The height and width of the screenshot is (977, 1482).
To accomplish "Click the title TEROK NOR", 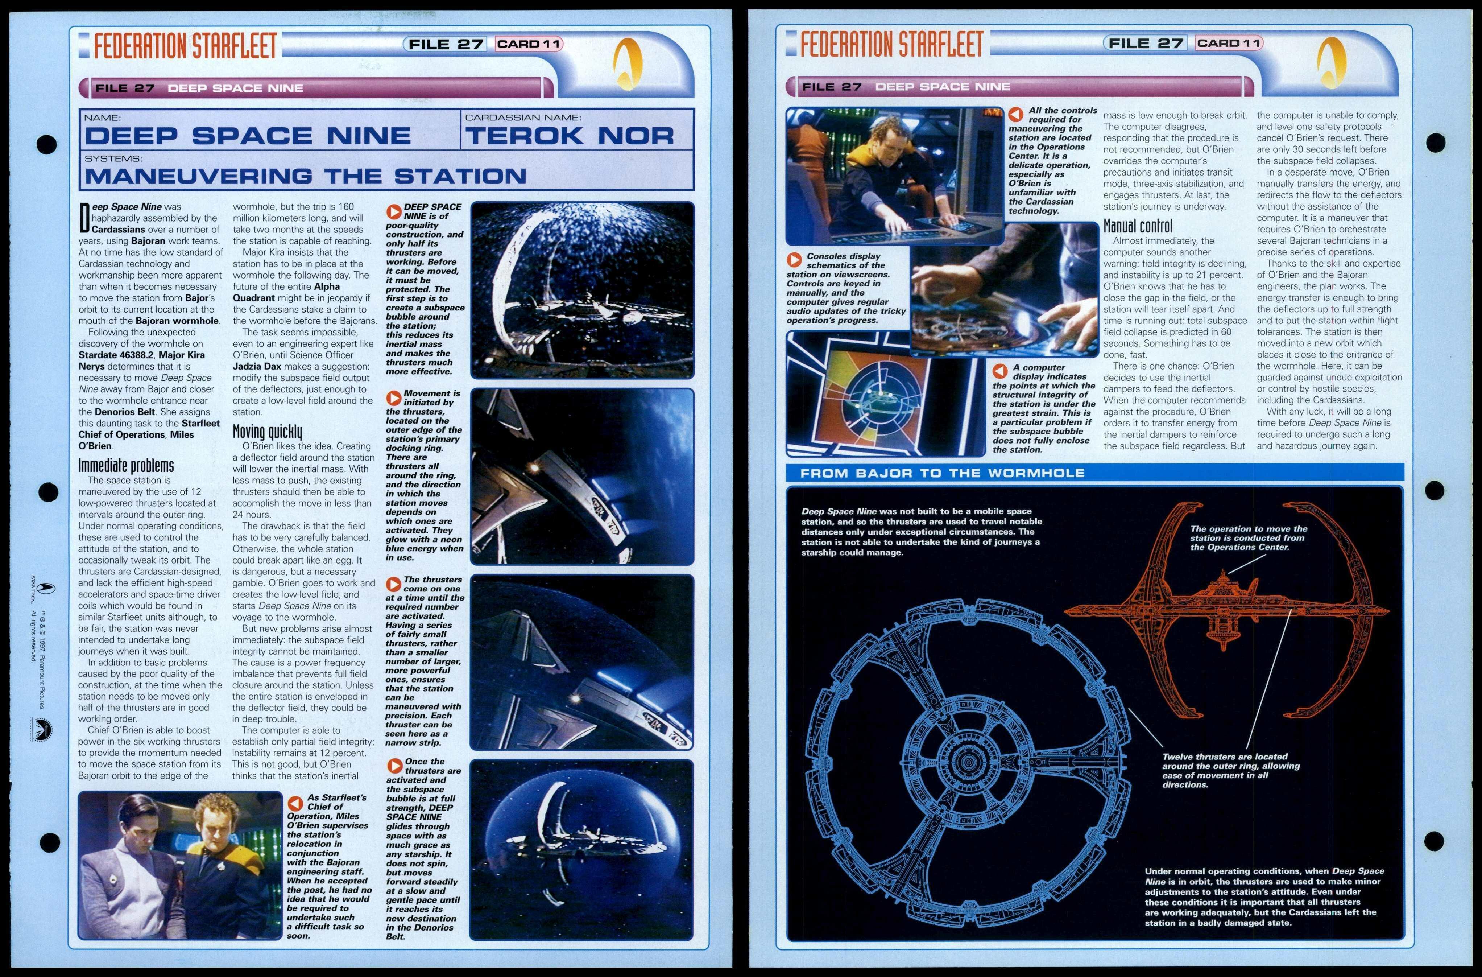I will click(569, 136).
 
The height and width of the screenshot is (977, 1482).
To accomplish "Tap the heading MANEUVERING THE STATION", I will click(305, 176).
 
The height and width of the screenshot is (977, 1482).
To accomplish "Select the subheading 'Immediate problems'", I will click(126, 465).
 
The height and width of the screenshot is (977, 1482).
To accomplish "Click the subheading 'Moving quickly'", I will click(267, 431).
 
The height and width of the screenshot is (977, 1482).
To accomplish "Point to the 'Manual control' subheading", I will click(1138, 226).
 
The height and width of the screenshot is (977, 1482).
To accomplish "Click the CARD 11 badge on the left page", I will click(529, 44).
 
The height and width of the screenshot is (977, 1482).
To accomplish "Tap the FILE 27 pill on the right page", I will click(1145, 43).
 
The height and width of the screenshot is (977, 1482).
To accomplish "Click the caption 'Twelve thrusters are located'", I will click(1230, 770).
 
